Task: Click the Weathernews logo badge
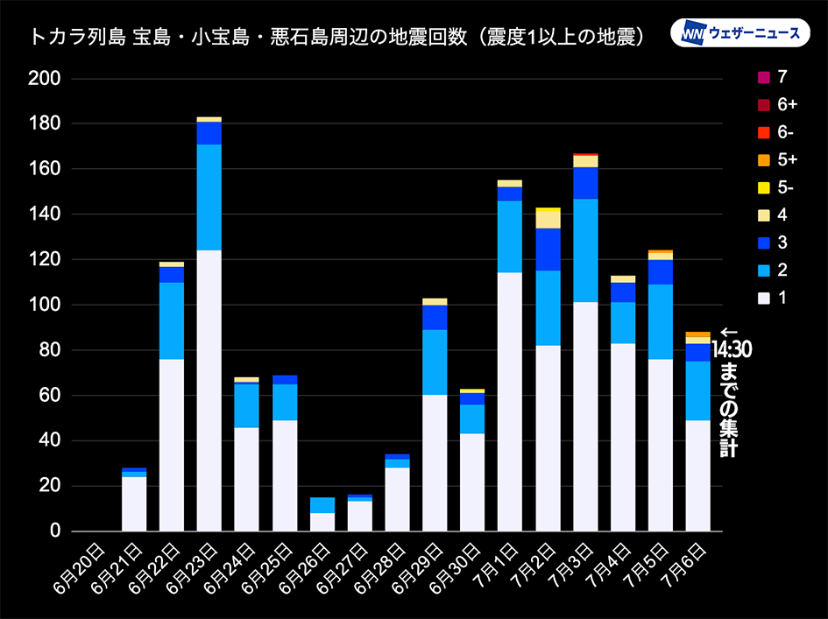pyautogui.click(x=740, y=33)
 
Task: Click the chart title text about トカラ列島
pyautogui.click(x=337, y=37)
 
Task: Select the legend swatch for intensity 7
pyautogui.click(x=764, y=77)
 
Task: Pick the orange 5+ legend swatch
pyautogui.click(x=764, y=160)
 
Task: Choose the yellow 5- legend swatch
pyautogui.click(x=764, y=187)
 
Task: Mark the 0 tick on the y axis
pyautogui.click(x=54, y=531)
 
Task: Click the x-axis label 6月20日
pyautogui.click(x=85, y=568)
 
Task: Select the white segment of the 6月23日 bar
pyautogui.click(x=209, y=390)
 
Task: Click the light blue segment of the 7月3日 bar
pyautogui.click(x=585, y=250)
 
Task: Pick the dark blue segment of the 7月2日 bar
pyautogui.click(x=548, y=250)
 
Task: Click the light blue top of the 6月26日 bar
pyautogui.click(x=322, y=505)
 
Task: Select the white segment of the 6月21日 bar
pyautogui.click(x=134, y=503)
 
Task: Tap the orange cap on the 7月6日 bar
pyautogui.click(x=697, y=334)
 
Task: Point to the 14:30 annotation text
pyautogui.click(x=731, y=350)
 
